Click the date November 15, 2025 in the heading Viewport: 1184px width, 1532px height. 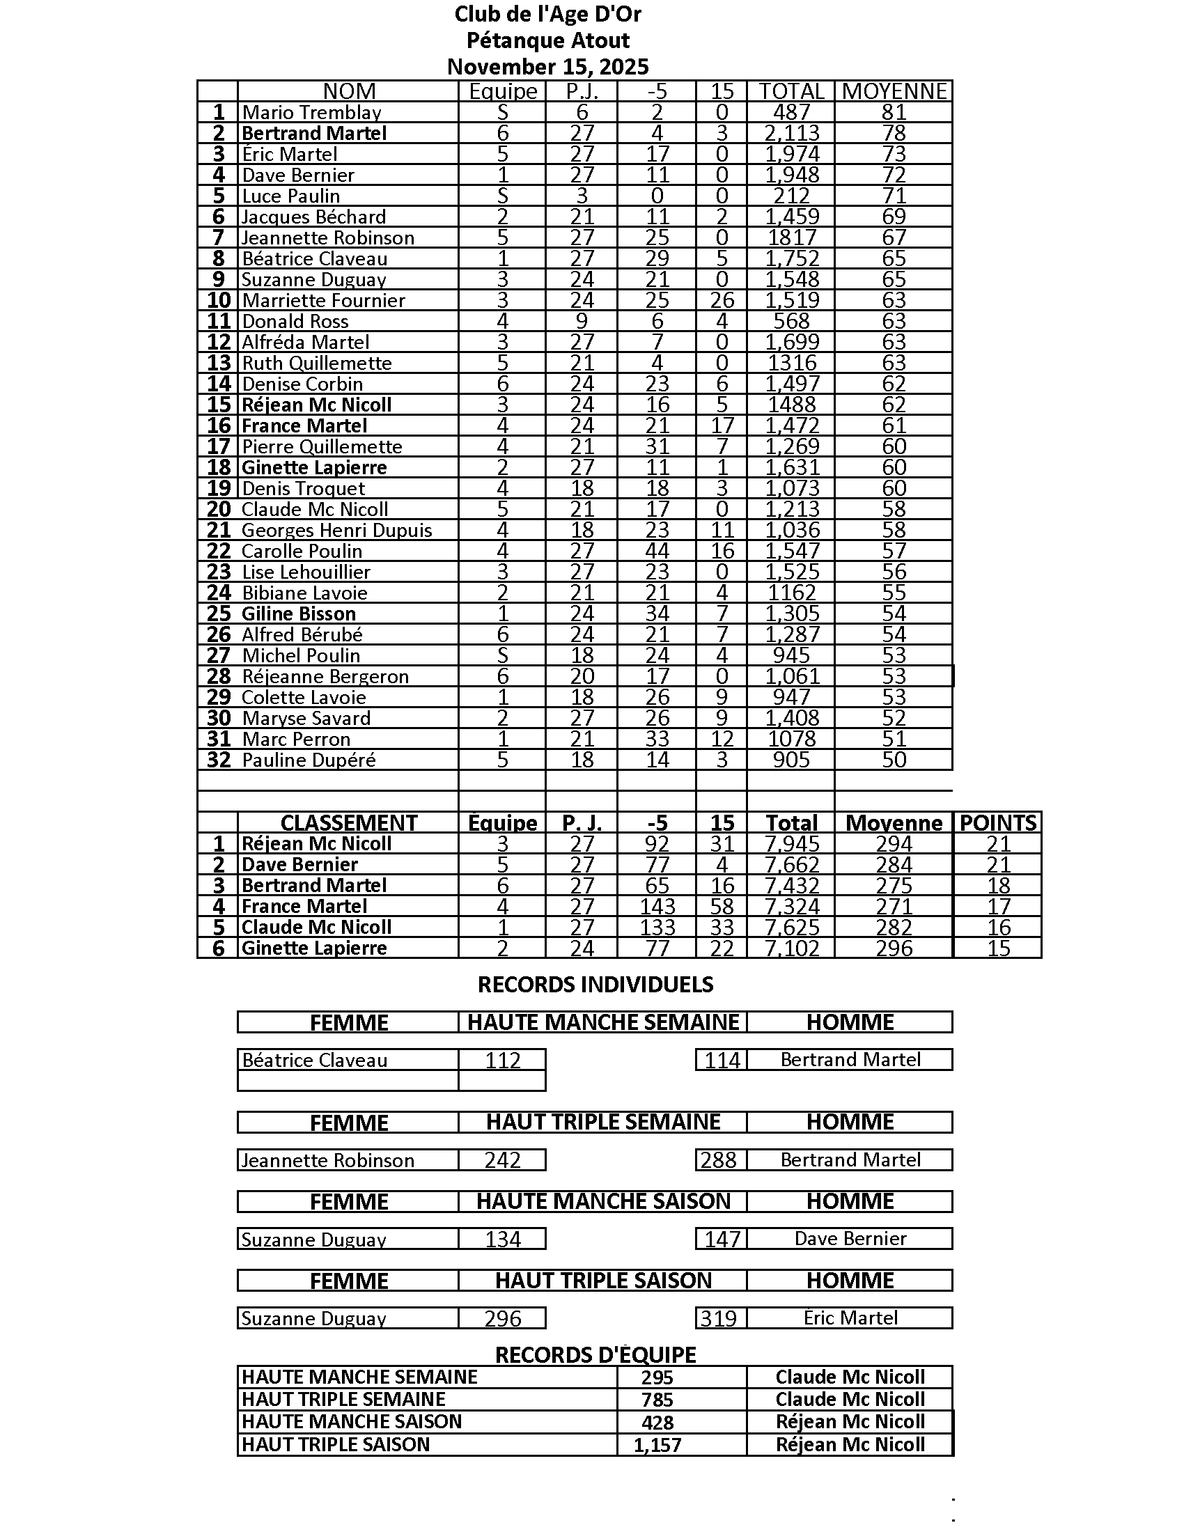(x=548, y=67)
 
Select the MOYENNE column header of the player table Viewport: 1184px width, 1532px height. (x=894, y=91)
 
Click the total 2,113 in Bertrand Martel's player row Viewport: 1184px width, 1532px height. (x=791, y=133)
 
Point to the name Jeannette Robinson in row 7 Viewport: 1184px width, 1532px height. (x=327, y=237)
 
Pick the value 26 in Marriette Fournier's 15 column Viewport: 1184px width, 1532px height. (x=722, y=300)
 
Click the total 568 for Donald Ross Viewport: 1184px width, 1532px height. (x=791, y=321)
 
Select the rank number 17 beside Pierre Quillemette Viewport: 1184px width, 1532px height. (x=219, y=447)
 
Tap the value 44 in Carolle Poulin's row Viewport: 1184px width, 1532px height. (x=657, y=552)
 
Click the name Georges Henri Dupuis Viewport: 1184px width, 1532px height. (x=336, y=531)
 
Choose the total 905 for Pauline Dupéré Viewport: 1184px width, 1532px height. (x=791, y=760)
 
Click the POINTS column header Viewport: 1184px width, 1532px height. (x=997, y=823)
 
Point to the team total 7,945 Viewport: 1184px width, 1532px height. (x=791, y=844)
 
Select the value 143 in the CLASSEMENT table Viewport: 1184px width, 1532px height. (x=657, y=906)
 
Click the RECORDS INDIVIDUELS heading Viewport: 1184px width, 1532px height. (x=595, y=985)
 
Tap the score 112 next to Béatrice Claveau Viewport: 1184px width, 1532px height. (x=502, y=1060)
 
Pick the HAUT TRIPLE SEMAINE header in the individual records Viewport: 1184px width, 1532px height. (x=603, y=1123)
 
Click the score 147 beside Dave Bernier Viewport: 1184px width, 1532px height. (x=722, y=1239)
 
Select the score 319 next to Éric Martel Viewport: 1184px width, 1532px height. (x=718, y=1318)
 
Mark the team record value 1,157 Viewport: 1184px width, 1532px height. (x=657, y=1445)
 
